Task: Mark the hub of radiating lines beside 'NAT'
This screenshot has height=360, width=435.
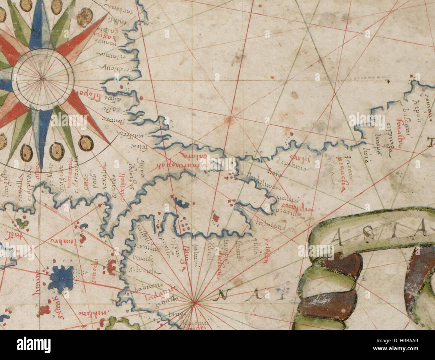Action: click(x=194, y=303)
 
